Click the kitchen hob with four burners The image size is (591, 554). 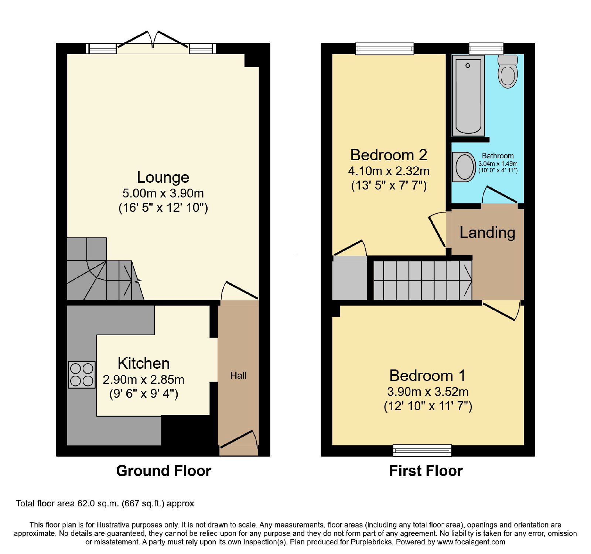[82, 375]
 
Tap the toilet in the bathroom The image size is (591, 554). [508, 71]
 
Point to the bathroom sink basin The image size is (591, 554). [464, 167]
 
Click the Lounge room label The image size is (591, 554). [163, 177]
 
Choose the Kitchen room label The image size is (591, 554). [144, 363]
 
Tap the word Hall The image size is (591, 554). [238, 375]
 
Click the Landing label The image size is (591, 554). [487, 233]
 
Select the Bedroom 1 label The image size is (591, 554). [428, 375]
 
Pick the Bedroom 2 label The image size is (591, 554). [389, 155]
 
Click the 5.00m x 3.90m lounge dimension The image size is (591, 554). [163, 193]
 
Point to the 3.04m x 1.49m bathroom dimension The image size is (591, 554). [498, 164]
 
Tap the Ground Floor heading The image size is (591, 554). [164, 471]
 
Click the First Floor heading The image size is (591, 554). [426, 471]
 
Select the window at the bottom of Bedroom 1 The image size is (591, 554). [422, 450]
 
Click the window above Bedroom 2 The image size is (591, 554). [385, 49]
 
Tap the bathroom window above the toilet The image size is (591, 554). [486, 48]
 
